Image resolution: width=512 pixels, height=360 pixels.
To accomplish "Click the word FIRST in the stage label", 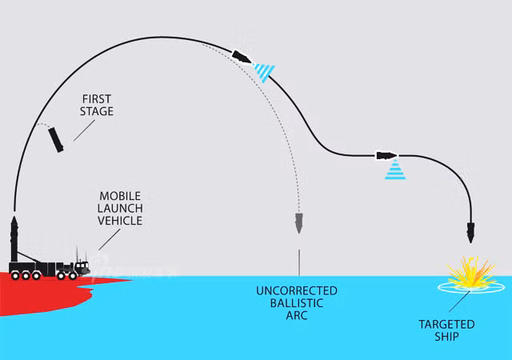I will (x=98, y=98).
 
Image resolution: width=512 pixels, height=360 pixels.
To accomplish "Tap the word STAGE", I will (x=98, y=111).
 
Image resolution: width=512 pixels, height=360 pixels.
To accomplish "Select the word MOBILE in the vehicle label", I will (x=120, y=196).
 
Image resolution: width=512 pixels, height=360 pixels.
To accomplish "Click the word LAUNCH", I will (x=120, y=208).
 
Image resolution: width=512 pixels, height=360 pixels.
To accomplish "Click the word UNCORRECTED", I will (x=297, y=290).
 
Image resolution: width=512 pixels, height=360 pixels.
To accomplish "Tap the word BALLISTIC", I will (x=297, y=303).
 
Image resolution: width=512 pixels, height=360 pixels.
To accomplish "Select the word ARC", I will (x=297, y=316).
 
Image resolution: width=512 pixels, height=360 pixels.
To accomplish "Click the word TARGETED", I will (x=447, y=324).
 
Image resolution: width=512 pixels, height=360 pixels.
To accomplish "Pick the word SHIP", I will (x=447, y=337).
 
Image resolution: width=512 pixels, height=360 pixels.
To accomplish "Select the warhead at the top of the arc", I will (x=242, y=55).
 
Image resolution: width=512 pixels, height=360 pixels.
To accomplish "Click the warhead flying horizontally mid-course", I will (x=386, y=154).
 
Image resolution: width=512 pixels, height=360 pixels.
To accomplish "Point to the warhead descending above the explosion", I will (x=471, y=234).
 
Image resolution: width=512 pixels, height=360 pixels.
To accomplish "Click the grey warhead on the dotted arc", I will (x=299, y=223).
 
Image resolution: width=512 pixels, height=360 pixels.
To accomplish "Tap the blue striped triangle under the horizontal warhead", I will (x=395, y=170).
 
